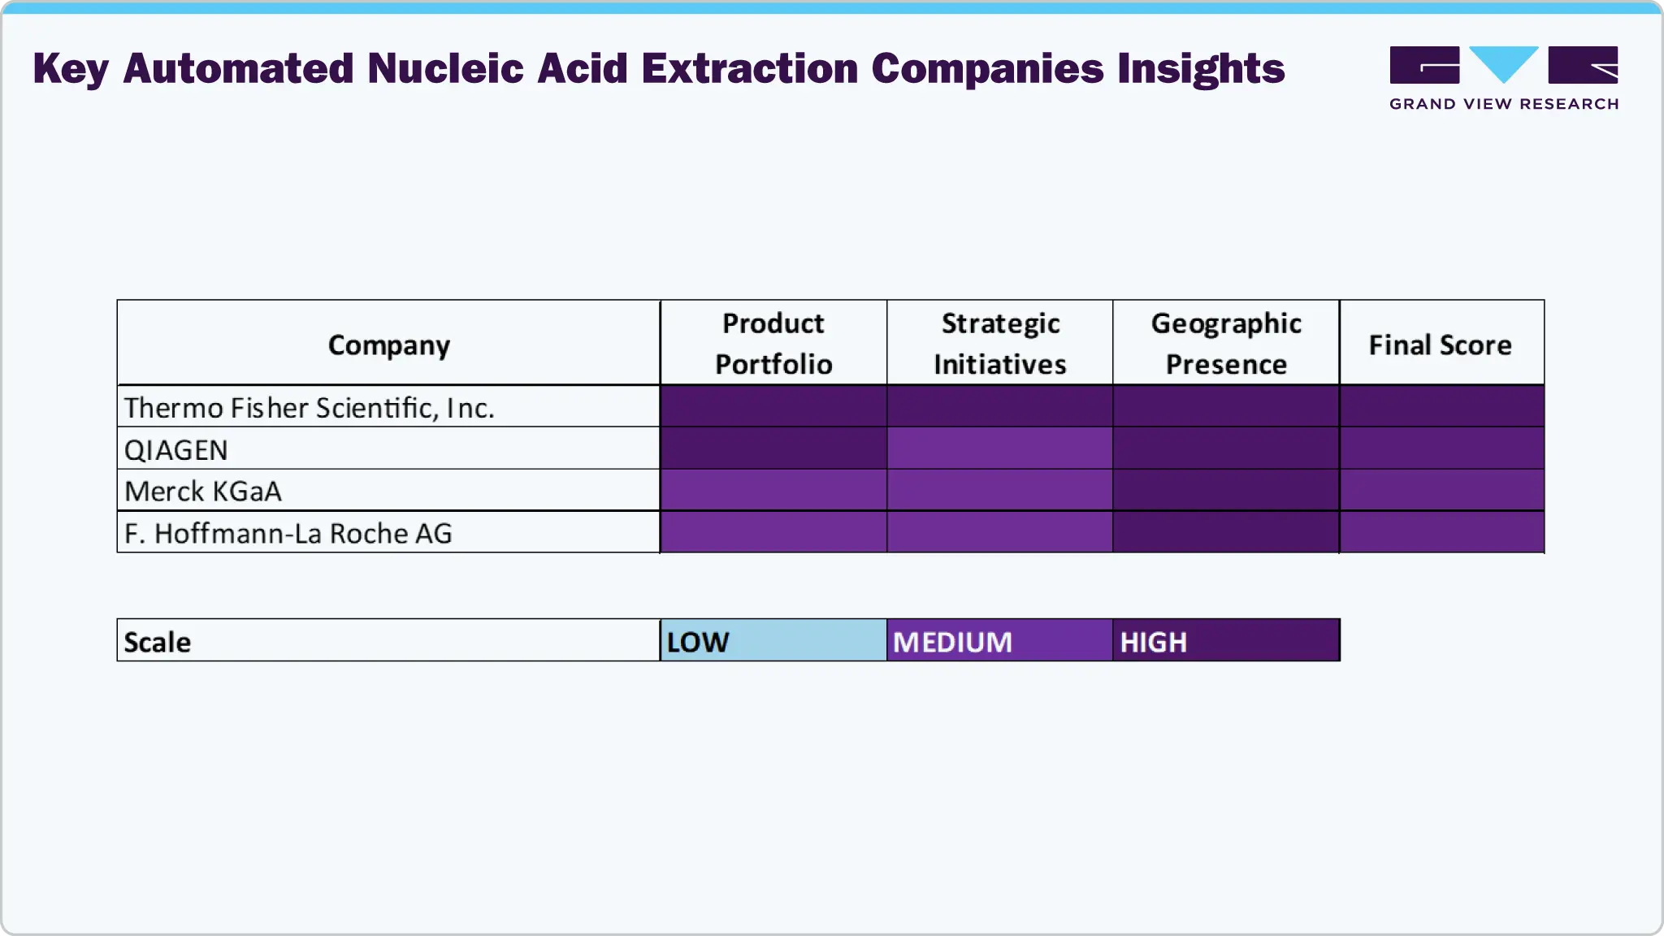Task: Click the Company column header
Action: click(388, 344)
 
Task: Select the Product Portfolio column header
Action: click(773, 344)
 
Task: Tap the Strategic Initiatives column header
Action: click(1000, 344)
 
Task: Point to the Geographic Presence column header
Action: click(1226, 344)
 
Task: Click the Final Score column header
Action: click(1441, 344)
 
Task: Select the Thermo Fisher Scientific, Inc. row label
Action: click(309, 407)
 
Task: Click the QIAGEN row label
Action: click(175, 449)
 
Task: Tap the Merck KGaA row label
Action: click(203, 491)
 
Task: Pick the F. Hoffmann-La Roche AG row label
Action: click(288, 533)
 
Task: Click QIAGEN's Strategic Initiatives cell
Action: click(1000, 448)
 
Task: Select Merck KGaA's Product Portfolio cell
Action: click(773, 491)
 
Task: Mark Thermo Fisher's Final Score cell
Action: click(1441, 406)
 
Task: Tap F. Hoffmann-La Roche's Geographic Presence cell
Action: click(1226, 532)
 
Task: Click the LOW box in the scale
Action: click(773, 641)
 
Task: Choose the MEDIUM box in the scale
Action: click(1000, 641)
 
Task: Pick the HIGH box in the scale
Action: click(1226, 641)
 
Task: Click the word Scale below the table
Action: click(158, 642)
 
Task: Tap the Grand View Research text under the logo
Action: click(1504, 104)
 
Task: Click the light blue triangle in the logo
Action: click(1504, 62)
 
